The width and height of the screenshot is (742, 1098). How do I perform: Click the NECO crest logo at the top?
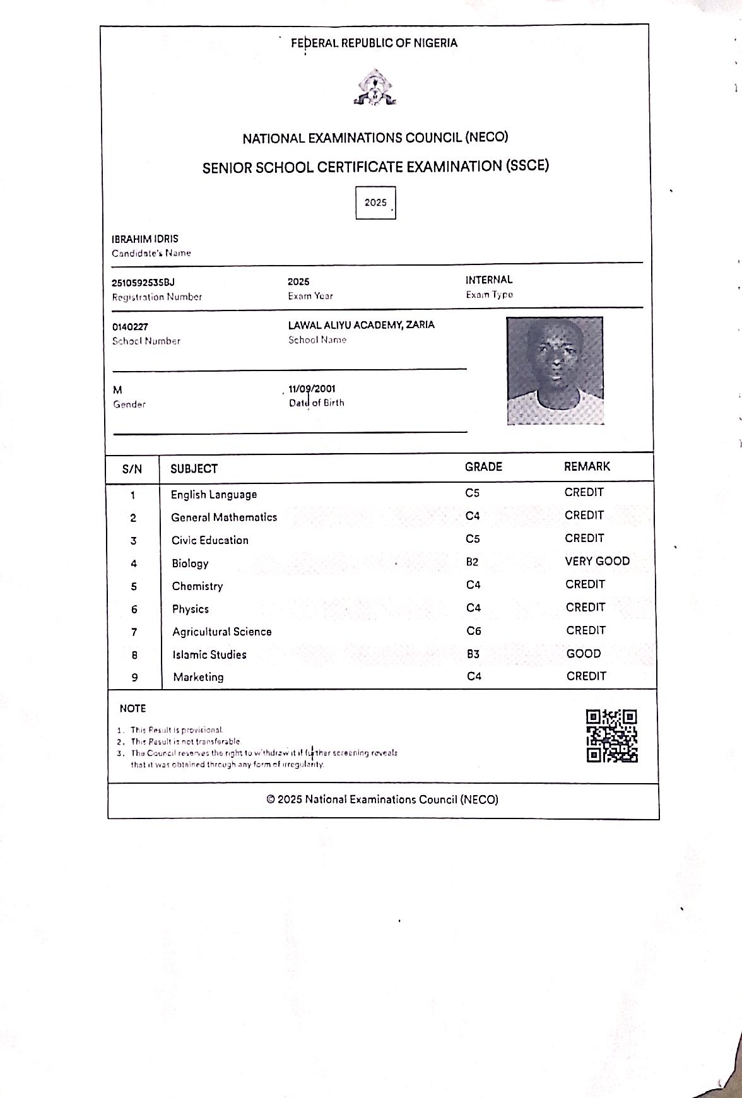pyautogui.click(x=375, y=88)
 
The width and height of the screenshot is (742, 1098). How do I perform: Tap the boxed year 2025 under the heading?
pyautogui.click(x=375, y=203)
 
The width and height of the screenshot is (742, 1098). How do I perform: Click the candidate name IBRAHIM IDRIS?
pyautogui.click(x=145, y=239)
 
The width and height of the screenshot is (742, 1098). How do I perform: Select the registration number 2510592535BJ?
pyautogui.click(x=143, y=282)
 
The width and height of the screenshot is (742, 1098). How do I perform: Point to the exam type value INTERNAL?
pyautogui.click(x=489, y=280)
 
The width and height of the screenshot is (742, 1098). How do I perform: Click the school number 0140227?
pyautogui.click(x=130, y=327)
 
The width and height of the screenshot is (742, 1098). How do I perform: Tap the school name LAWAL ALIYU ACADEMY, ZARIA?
pyautogui.click(x=361, y=325)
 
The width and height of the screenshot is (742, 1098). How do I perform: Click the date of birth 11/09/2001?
pyautogui.click(x=312, y=389)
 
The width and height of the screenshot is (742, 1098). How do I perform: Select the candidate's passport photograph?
pyautogui.click(x=555, y=370)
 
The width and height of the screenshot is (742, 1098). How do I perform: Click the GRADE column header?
pyautogui.click(x=483, y=467)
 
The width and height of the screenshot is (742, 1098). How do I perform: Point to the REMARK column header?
pyautogui.click(x=587, y=466)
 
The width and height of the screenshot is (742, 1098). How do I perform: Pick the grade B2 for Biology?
pyautogui.click(x=473, y=562)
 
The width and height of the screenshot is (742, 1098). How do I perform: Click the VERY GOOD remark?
pyautogui.click(x=597, y=561)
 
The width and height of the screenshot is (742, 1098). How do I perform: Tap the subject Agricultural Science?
pyautogui.click(x=221, y=632)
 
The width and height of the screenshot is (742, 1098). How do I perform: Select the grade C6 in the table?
pyautogui.click(x=474, y=630)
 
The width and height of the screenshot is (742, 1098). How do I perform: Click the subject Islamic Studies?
pyautogui.click(x=209, y=654)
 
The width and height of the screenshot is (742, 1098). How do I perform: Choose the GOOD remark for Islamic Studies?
pyautogui.click(x=584, y=653)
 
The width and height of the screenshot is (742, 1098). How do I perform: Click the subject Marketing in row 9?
pyautogui.click(x=198, y=677)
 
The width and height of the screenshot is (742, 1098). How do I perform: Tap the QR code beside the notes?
pyautogui.click(x=611, y=736)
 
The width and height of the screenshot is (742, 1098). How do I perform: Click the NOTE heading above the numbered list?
pyautogui.click(x=132, y=708)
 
